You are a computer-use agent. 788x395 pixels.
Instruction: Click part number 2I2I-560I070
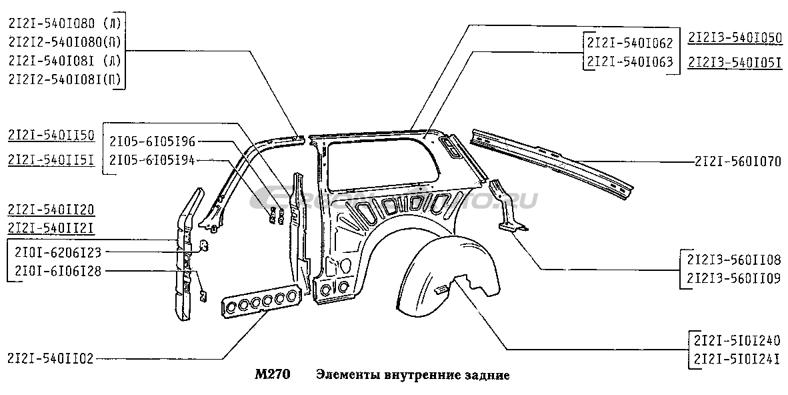(x=737, y=161)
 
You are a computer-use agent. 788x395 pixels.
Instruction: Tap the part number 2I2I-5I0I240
(x=737, y=338)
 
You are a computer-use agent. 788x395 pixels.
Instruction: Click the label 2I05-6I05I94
(x=152, y=159)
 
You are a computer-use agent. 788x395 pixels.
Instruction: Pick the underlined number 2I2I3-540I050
(x=734, y=38)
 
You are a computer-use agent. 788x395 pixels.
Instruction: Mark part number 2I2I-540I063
(x=629, y=63)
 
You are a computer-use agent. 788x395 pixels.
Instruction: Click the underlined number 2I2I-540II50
(x=50, y=136)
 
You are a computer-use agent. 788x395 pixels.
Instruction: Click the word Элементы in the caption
(x=347, y=375)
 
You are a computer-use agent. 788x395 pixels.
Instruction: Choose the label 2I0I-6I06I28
(x=58, y=271)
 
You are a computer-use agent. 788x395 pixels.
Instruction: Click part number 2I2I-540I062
(x=629, y=43)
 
